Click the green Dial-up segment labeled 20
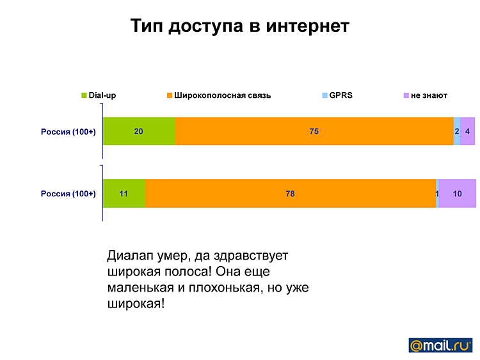pos(140,131)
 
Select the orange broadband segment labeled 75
pos(314,131)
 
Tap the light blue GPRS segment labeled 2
pos(457,131)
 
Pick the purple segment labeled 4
pos(468,131)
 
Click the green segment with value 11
pos(124,193)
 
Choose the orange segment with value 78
pos(291,193)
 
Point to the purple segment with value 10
pos(458,193)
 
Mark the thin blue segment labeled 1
pos(437,193)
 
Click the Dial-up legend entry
pos(99,95)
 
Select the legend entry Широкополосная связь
pos(219,95)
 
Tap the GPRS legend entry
pos(337,95)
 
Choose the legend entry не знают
pos(426,95)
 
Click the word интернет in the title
pos(308,26)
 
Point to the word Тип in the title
pos(147,26)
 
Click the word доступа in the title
pos(205,26)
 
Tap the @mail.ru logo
pos(440,345)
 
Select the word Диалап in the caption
pos(130,256)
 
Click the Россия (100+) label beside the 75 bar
pos(68,132)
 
